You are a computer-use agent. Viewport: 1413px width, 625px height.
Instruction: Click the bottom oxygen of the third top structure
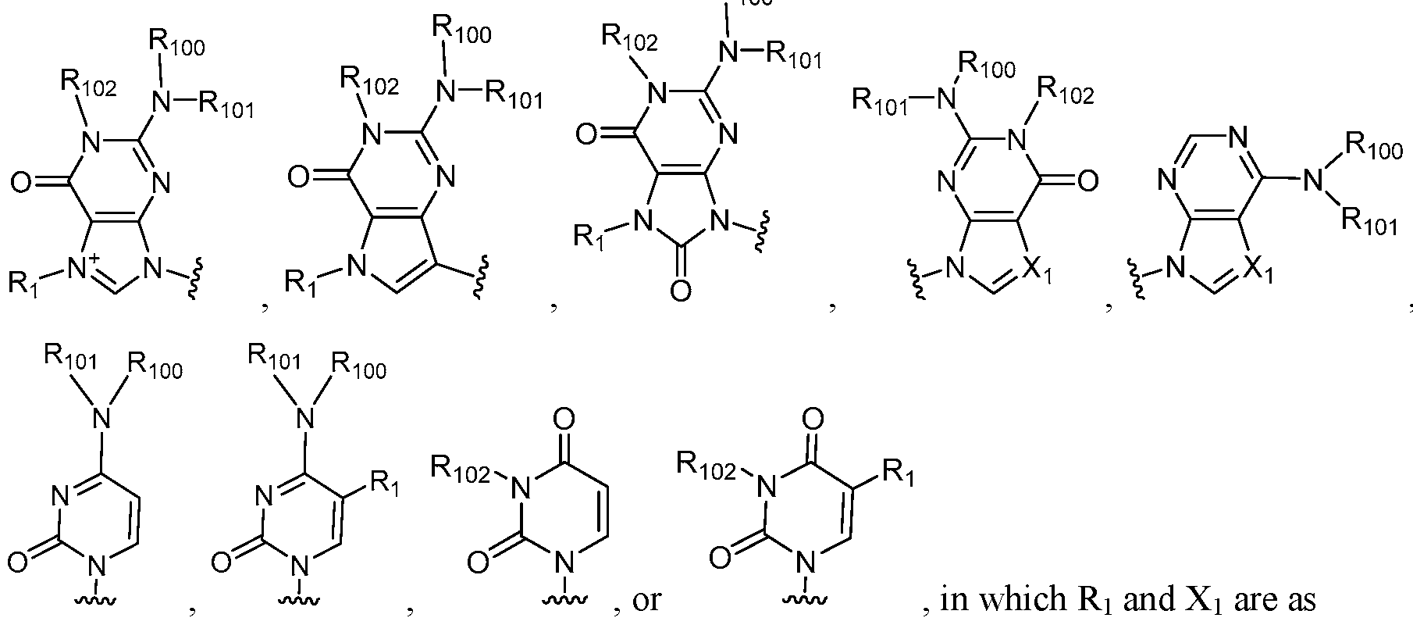pos(679,291)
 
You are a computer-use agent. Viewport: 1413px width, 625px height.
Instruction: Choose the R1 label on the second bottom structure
pos(384,482)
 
